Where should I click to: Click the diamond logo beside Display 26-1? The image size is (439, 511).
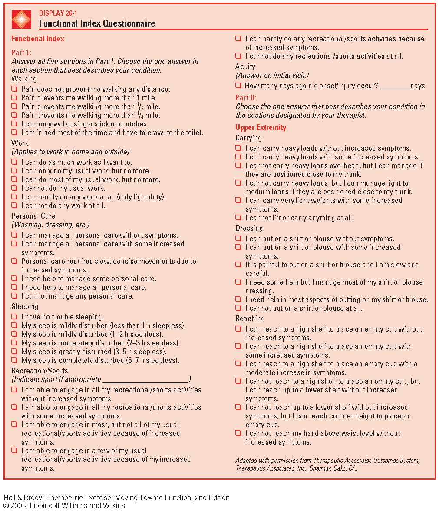tap(22, 19)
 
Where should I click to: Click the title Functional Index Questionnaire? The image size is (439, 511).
tap(97, 23)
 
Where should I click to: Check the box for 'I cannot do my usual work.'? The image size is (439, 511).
tap(14, 188)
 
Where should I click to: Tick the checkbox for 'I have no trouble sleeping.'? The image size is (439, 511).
tap(14, 317)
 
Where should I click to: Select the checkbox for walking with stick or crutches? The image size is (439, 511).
tap(14, 124)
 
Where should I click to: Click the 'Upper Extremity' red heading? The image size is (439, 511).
tap(261, 127)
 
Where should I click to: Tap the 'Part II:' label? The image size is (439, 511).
tap(246, 98)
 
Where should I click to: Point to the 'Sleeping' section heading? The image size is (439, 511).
tap(25, 306)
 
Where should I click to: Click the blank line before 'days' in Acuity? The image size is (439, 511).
tap(395, 86)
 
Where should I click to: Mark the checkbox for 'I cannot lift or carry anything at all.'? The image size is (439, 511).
tap(238, 218)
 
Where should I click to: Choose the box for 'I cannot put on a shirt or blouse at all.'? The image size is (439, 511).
tap(238, 308)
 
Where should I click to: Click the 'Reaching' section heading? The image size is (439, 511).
tap(250, 319)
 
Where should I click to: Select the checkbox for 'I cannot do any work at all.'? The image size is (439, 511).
tap(14, 206)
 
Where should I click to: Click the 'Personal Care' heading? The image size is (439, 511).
tap(33, 216)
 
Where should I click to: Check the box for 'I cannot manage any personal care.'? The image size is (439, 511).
tap(14, 296)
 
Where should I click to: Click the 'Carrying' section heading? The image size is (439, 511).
tap(248, 138)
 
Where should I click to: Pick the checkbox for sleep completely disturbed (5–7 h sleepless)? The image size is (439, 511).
tap(14, 360)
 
